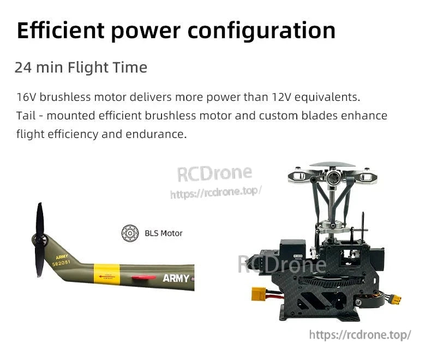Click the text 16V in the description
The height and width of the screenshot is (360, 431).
coord(27,98)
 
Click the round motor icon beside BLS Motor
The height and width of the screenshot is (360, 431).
coord(130,233)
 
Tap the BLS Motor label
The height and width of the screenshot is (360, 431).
coord(164,233)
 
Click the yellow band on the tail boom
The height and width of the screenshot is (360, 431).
coord(105,272)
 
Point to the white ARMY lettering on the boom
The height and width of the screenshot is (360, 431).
coord(176,279)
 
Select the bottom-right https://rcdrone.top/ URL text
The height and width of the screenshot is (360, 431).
coord(360,334)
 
